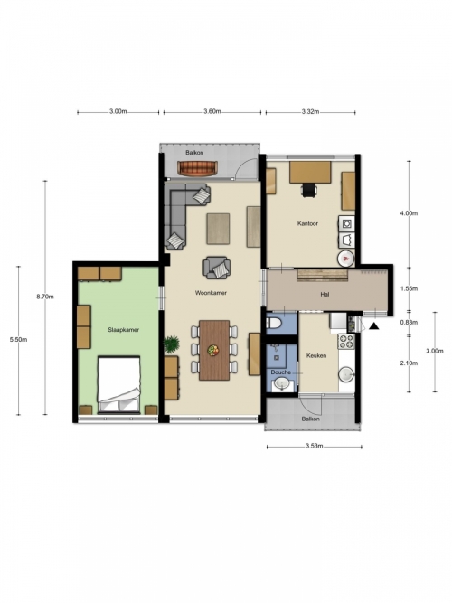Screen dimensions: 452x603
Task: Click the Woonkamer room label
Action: pyautogui.click(x=211, y=293)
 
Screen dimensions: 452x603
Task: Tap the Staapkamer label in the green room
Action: pyautogui.click(x=123, y=330)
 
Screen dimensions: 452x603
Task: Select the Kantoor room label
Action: pyautogui.click(x=307, y=223)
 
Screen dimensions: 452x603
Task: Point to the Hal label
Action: pyautogui.click(x=325, y=295)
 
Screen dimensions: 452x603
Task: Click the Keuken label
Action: pyautogui.click(x=316, y=355)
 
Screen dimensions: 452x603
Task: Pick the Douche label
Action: pyautogui.click(x=280, y=372)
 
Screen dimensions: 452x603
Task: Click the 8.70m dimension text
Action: pyautogui.click(x=45, y=297)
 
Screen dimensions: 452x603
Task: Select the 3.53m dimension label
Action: pyautogui.click(x=314, y=446)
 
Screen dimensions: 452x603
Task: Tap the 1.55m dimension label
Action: pyautogui.click(x=409, y=288)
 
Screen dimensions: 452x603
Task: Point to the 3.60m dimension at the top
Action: pyautogui.click(x=212, y=111)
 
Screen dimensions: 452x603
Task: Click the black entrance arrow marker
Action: pyautogui.click(x=373, y=326)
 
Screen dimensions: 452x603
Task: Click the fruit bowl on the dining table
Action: pyautogui.click(x=212, y=351)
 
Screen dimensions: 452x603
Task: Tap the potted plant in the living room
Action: pyautogui.click(x=171, y=343)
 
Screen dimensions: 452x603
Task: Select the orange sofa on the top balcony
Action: pyautogui.click(x=197, y=167)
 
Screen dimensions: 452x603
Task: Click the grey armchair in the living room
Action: pyautogui.click(x=217, y=268)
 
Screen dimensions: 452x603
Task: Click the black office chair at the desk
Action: pyautogui.click(x=309, y=190)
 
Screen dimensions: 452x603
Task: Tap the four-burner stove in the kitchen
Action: pyautogui.click(x=346, y=341)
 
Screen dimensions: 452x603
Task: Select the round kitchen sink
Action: pyautogui.click(x=346, y=374)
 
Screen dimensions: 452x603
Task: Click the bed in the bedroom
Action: pyautogui.click(x=118, y=384)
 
